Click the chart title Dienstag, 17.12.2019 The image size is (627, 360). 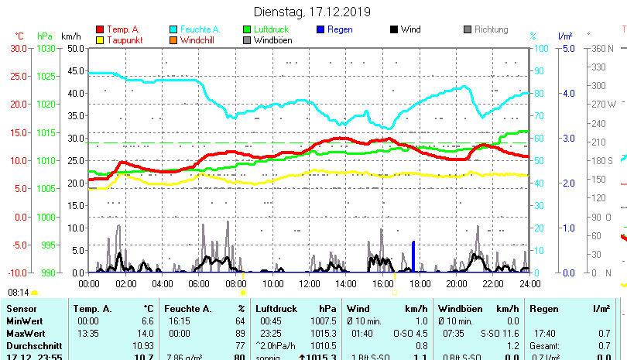(x=312, y=12)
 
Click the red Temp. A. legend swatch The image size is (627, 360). (x=99, y=29)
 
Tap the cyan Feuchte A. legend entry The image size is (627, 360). (x=194, y=29)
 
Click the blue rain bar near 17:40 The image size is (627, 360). (x=413, y=257)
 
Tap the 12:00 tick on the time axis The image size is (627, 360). (x=309, y=283)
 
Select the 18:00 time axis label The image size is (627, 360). (x=419, y=283)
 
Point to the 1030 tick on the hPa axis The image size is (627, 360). (x=46, y=48)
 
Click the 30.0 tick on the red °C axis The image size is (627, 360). (x=19, y=48)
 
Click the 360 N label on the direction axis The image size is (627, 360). (x=604, y=48)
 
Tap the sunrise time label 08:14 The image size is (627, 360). (x=19, y=293)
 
